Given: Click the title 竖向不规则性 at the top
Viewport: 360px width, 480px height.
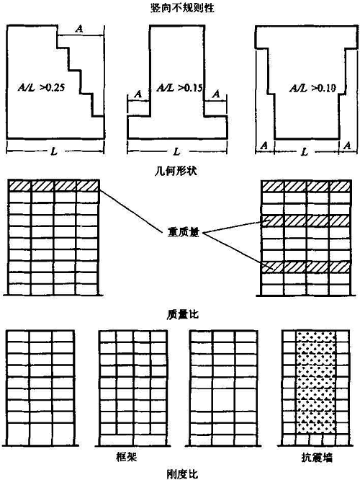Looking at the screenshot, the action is coord(182,8).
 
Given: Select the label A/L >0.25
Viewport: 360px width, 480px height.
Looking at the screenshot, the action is coord(41,87).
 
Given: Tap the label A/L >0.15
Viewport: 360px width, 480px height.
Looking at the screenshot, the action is coord(179,88).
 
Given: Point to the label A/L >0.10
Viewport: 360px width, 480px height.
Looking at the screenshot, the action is coord(312,88).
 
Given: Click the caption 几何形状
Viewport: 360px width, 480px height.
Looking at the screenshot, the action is coord(176,170).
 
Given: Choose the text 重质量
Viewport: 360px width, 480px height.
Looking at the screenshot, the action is coord(183,232).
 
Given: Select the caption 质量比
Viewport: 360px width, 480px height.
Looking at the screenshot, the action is coord(183,314).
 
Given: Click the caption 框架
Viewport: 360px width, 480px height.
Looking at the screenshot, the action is coord(126,457).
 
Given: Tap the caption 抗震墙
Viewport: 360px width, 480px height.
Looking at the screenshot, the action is coord(317,458).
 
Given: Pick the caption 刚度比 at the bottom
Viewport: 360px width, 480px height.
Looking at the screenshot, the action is coord(183,474).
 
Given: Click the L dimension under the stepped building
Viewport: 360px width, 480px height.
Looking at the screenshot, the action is coord(54,151).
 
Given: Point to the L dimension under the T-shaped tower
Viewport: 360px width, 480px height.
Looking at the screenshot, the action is coord(176,151).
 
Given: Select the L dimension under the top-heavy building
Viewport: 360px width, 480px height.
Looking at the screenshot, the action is coord(305,151).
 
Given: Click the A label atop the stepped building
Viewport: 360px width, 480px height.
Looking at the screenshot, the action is coord(79,29).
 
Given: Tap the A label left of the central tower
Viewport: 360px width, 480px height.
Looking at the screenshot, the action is coord(138,94).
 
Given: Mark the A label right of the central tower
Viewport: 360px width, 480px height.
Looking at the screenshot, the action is coord(216,94).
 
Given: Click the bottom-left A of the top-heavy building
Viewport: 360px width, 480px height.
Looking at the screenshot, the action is coord(264,146).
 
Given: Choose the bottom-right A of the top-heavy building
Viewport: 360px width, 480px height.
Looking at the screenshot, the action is coord(347,146).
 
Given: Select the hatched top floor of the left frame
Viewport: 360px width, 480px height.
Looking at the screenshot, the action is coord(53,186).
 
